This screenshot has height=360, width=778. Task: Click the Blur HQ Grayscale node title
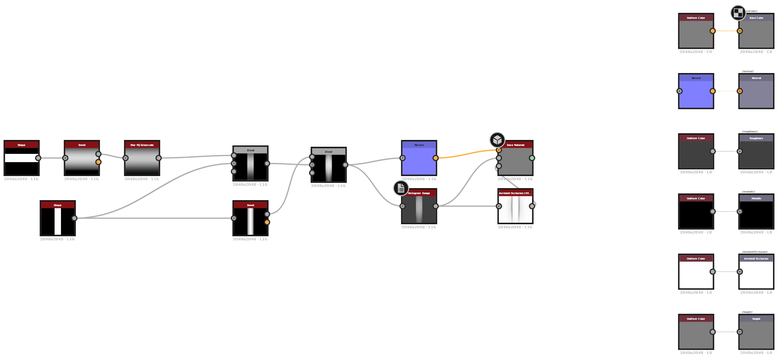tap(142, 145)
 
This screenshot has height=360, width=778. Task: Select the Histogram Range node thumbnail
tap(419, 210)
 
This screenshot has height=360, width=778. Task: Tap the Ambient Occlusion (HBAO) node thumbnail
tap(515, 209)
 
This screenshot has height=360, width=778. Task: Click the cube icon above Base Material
tap(497, 140)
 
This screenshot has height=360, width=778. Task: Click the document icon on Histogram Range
tap(401, 188)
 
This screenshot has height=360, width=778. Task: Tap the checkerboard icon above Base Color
tap(738, 13)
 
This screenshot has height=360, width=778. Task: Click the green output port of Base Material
tap(532, 158)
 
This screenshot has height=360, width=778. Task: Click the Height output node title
tap(756, 319)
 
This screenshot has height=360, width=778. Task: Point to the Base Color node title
tap(756, 18)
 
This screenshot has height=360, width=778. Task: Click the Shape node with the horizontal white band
tap(21, 160)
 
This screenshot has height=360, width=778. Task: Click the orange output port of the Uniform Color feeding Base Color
tap(713, 31)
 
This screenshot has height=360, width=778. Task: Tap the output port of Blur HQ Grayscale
tap(158, 158)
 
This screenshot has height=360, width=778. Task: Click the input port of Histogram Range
tap(402, 206)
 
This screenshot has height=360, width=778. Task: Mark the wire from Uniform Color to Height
tap(726, 332)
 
